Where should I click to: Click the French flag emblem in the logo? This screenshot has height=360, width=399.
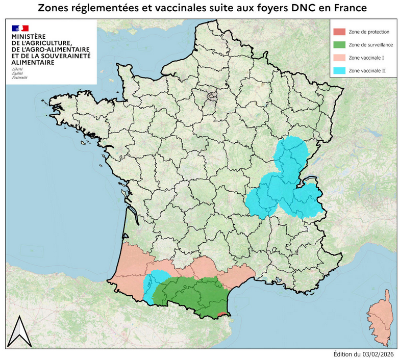point(20,28)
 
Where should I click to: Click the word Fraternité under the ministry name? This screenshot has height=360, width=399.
point(20,77)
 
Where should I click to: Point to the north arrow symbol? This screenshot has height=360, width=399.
point(19,332)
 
